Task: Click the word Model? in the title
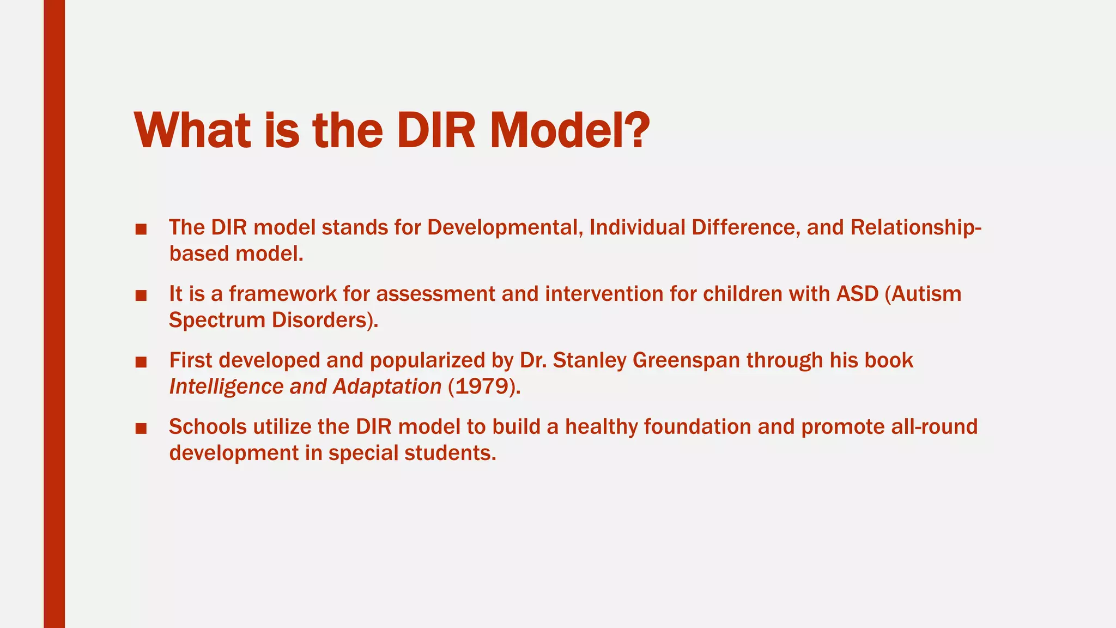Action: pos(569,131)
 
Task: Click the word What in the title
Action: pos(192,131)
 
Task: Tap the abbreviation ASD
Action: pos(858,294)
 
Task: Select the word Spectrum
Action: pos(217,321)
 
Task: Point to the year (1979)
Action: pos(484,387)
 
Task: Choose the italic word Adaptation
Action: pos(387,387)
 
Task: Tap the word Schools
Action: pos(208,427)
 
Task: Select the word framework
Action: pos(283,294)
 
